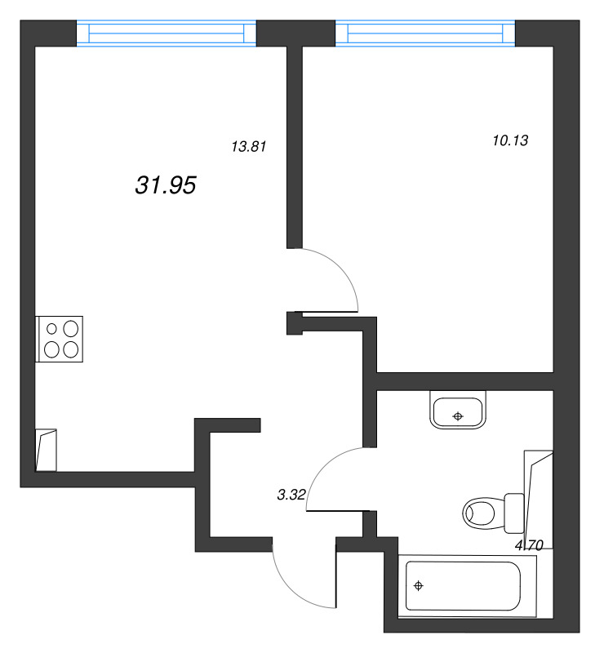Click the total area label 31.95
166,185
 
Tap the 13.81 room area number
249,147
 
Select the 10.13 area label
510,140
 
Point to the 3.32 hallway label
291,495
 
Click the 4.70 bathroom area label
529,544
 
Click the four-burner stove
59,339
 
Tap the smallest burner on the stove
51,329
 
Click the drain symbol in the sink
458,416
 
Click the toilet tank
514,513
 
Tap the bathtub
468,586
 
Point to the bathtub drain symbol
418,586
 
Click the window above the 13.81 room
167,33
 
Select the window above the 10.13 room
425,33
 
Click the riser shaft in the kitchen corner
47,451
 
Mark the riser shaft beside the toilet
539,500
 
